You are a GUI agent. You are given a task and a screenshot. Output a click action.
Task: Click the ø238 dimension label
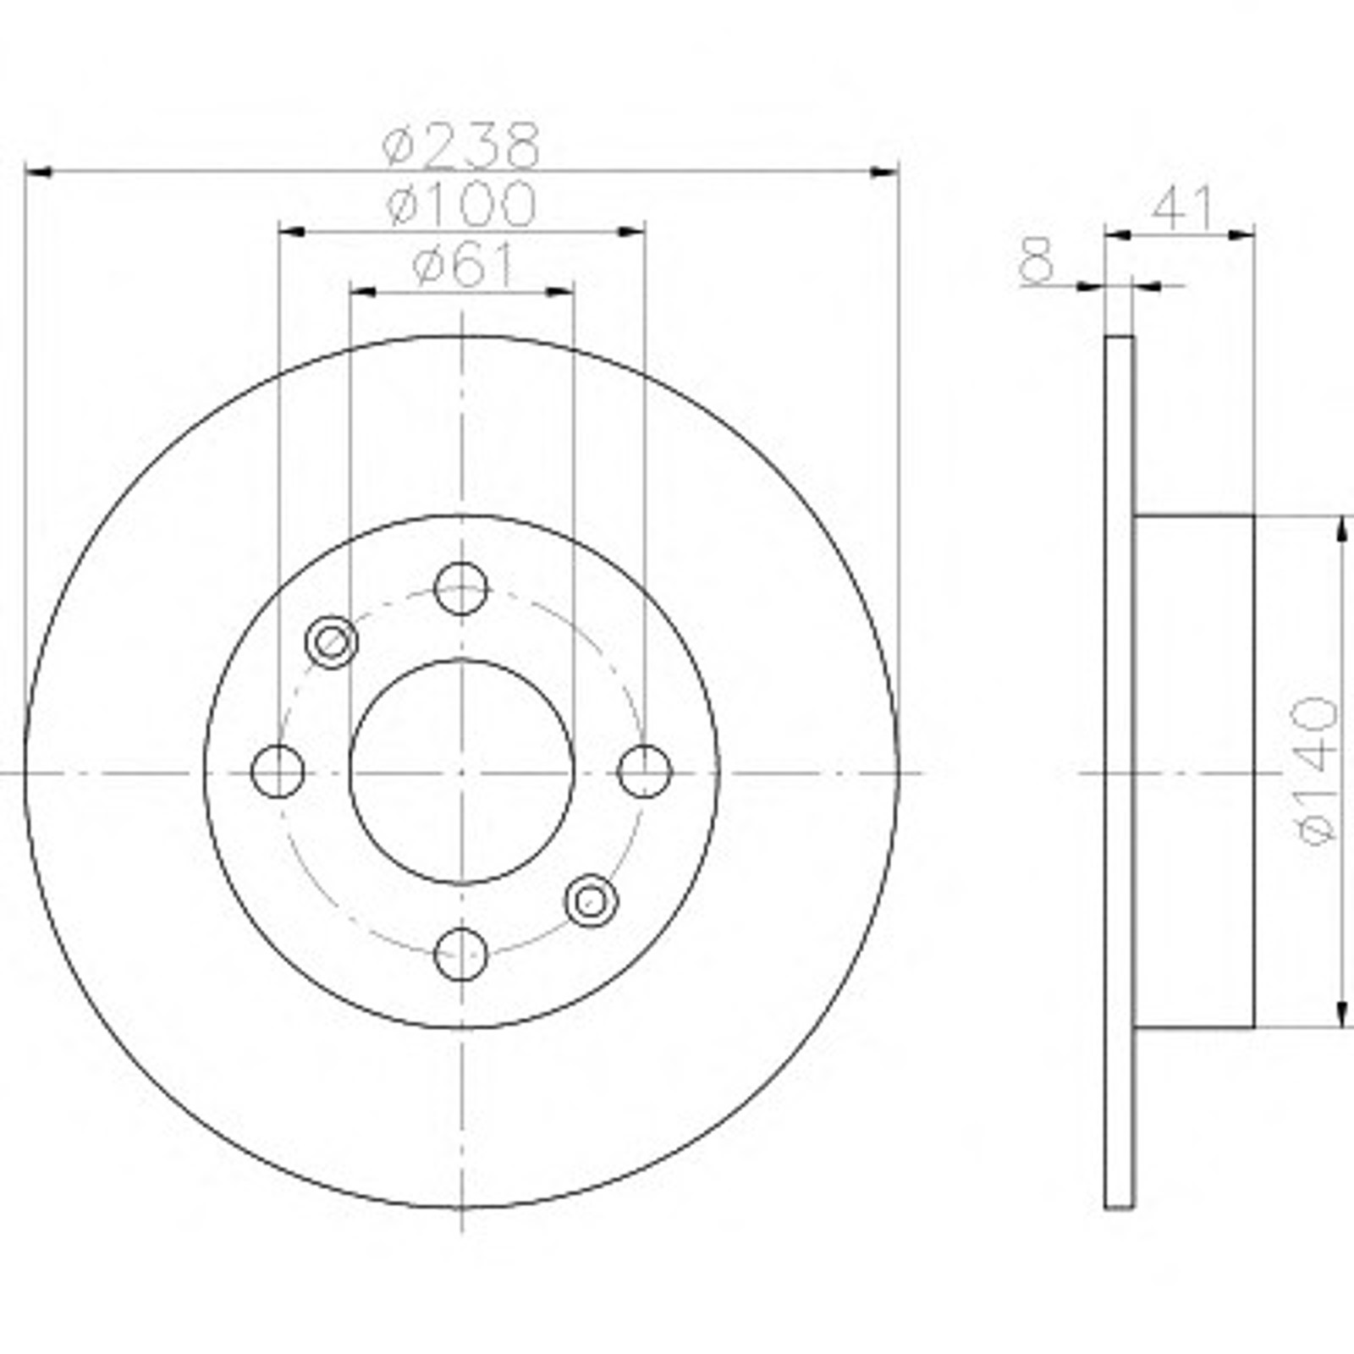click(x=460, y=145)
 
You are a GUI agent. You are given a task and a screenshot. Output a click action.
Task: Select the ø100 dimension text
click(x=461, y=204)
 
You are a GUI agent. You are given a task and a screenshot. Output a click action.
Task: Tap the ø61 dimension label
click(x=463, y=266)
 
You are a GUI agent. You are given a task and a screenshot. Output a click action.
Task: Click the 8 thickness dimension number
click(x=1037, y=260)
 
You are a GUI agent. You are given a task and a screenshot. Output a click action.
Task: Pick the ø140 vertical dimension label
click(x=1318, y=770)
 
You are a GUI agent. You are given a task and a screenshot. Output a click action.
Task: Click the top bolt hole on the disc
click(x=461, y=588)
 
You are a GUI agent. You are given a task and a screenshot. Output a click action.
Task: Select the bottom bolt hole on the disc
click(x=461, y=955)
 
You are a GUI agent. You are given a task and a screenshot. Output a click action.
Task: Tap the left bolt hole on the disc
click(x=278, y=772)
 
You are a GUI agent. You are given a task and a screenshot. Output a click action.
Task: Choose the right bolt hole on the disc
click(x=645, y=772)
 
